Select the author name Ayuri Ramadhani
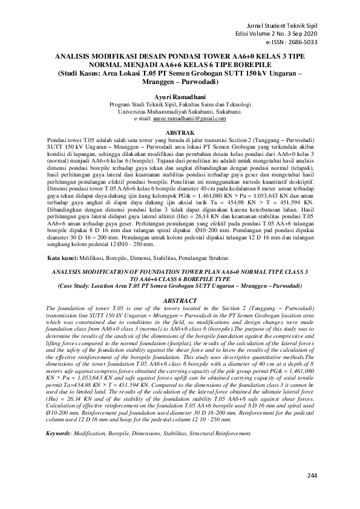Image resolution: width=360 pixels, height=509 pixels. coord(180,97)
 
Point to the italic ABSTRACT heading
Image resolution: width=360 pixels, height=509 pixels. coord(180,300)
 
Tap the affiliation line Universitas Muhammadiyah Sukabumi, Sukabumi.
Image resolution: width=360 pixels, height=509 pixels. coord(180,112)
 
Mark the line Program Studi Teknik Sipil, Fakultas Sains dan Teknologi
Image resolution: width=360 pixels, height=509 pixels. coord(180,105)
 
